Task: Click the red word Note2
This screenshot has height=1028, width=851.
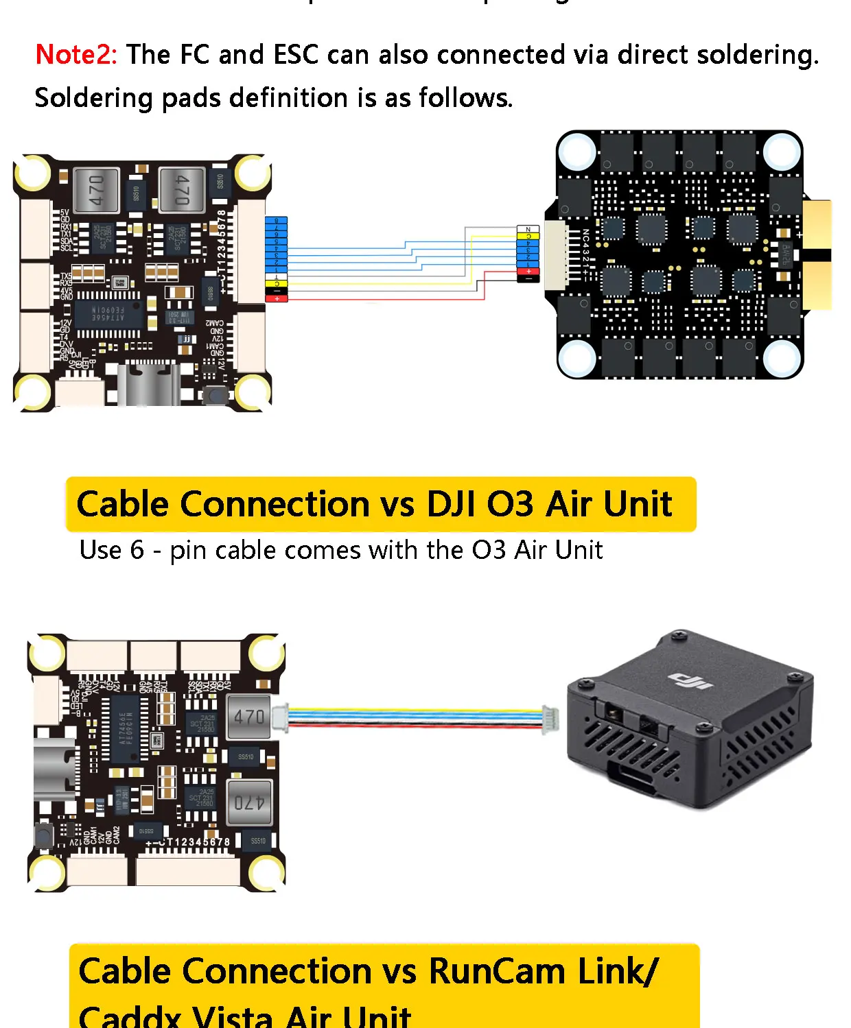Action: pos(76,55)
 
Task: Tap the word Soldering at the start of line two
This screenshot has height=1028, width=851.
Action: pos(93,98)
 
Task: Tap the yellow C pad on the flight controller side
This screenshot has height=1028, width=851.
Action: pos(277,283)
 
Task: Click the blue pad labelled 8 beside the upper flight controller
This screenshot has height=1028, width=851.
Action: pos(277,222)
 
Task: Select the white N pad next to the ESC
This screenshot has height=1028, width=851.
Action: pos(528,229)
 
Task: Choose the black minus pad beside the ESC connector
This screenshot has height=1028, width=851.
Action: pos(528,278)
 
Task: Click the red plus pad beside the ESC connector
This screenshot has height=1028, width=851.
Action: pos(528,272)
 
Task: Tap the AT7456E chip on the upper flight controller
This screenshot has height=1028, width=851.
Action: pos(109,315)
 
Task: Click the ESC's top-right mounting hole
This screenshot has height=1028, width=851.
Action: pos(780,150)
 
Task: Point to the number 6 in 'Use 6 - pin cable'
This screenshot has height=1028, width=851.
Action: pos(137,550)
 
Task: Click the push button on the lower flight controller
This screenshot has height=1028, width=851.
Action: pos(44,835)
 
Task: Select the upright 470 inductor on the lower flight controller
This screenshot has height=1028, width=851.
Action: pos(248,717)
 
